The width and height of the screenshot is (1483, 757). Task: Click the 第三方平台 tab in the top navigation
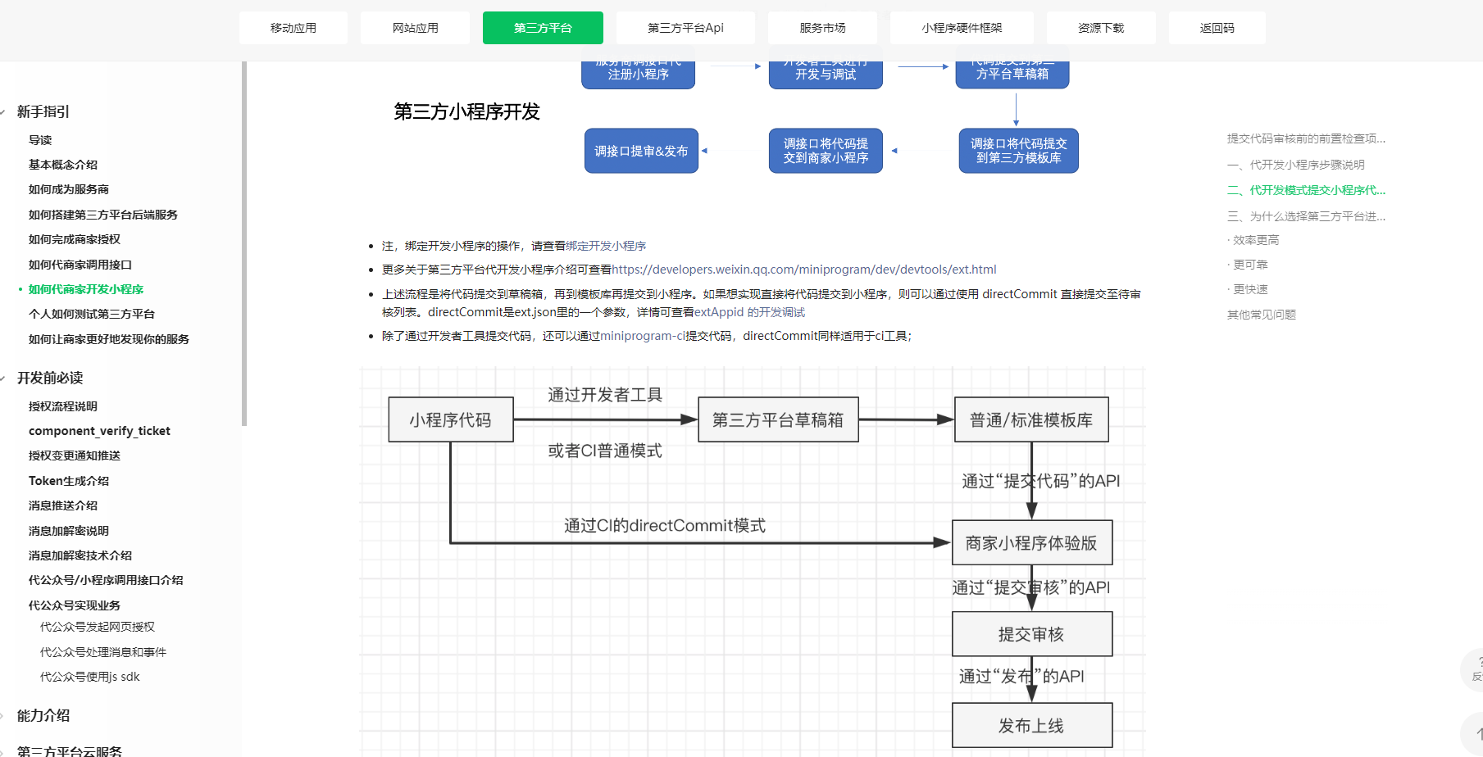pos(543,28)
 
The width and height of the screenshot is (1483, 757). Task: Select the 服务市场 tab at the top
pos(822,28)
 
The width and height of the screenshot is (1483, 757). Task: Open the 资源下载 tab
pos(1101,28)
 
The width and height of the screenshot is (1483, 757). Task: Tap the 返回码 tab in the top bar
pos(1217,28)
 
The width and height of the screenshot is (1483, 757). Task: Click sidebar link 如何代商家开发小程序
pos(86,289)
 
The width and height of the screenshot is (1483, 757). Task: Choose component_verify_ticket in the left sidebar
pos(99,431)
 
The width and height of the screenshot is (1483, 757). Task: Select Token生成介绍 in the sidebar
pos(69,481)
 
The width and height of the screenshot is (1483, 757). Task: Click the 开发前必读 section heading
pos(50,378)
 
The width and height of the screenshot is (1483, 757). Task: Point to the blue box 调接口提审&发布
pos(641,151)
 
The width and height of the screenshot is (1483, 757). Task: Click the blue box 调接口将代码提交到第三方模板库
pos(1018,151)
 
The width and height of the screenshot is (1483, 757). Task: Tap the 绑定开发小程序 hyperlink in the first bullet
pos(606,246)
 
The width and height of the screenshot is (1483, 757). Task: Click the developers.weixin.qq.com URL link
pos(803,270)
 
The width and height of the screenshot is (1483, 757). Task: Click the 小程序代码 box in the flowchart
pos(451,420)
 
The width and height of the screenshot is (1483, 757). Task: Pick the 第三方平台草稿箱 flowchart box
pos(778,420)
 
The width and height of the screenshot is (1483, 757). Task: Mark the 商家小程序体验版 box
pos(1031,543)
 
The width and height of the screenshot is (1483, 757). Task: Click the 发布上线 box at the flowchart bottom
pos(1031,726)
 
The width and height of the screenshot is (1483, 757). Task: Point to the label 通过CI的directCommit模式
pos(665,526)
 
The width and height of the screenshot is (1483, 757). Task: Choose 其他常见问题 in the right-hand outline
pos(1261,315)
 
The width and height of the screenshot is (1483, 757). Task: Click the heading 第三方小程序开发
pos(466,111)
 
